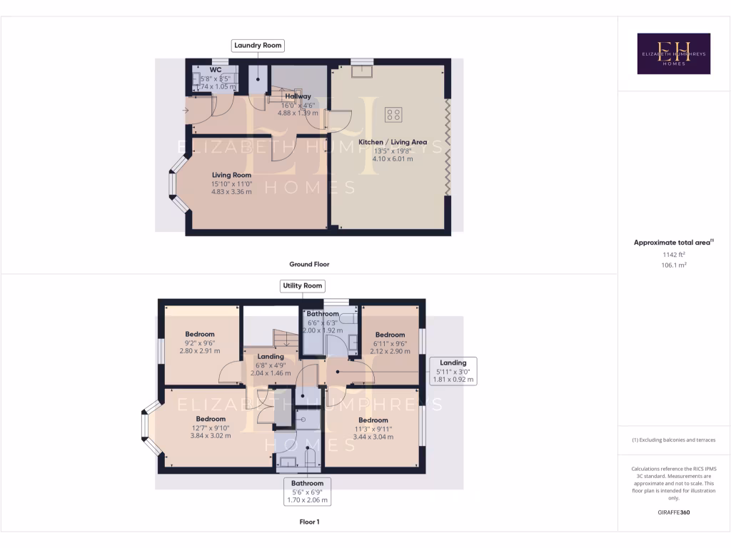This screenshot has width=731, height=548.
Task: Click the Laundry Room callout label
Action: tap(258, 46)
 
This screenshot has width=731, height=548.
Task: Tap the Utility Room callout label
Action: tap(303, 285)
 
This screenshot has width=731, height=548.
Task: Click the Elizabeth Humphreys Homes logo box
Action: tap(673, 54)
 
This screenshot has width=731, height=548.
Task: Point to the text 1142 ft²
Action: tap(673, 255)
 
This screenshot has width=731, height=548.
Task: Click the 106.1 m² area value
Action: tap(673, 265)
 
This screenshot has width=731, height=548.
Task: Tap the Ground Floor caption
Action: tap(309, 264)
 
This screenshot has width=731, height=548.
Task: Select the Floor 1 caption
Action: tap(309, 522)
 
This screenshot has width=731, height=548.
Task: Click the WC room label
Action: tap(216, 70)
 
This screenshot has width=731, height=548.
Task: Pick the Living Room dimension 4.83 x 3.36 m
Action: tap(231, 191)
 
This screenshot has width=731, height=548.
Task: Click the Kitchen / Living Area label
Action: tap(393, 142)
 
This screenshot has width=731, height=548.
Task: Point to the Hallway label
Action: tap(298, 96)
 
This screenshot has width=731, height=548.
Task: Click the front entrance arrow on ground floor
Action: tap(186, 110)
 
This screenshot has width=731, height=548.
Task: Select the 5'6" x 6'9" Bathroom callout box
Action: tap(307, 492)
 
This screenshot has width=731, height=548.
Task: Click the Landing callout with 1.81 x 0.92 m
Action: tap(453, 371)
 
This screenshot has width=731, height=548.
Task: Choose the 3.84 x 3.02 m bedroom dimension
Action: tap(211, 435)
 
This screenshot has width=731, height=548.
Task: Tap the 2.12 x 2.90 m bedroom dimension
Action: tap(390, 352)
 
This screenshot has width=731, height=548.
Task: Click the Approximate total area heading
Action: tap(672, 243)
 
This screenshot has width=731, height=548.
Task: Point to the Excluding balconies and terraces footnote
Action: tap(673, 440)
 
